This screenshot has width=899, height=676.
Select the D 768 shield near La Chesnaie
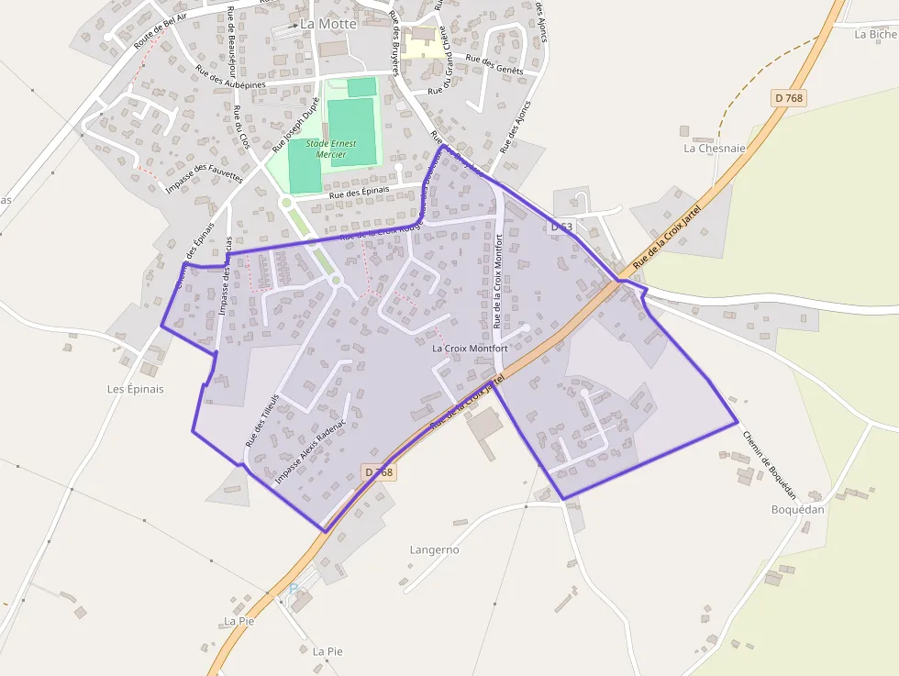tap(789, 98)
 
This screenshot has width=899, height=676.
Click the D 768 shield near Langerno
tap(378, 472)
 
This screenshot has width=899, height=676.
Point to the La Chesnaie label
tap(715, 148)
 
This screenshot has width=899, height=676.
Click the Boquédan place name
tap(797, 510)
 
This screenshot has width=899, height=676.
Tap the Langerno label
tap(434, 549)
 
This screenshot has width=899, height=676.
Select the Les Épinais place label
tap(135, 389)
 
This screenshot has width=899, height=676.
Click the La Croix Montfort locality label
tap(470, 349)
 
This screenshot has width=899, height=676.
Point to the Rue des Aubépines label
tap(232, 81)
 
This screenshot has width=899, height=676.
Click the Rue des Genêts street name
tap(494, 64)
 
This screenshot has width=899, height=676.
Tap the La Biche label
tap(875, 35)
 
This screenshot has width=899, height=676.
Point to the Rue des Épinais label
tap(360, 192)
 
